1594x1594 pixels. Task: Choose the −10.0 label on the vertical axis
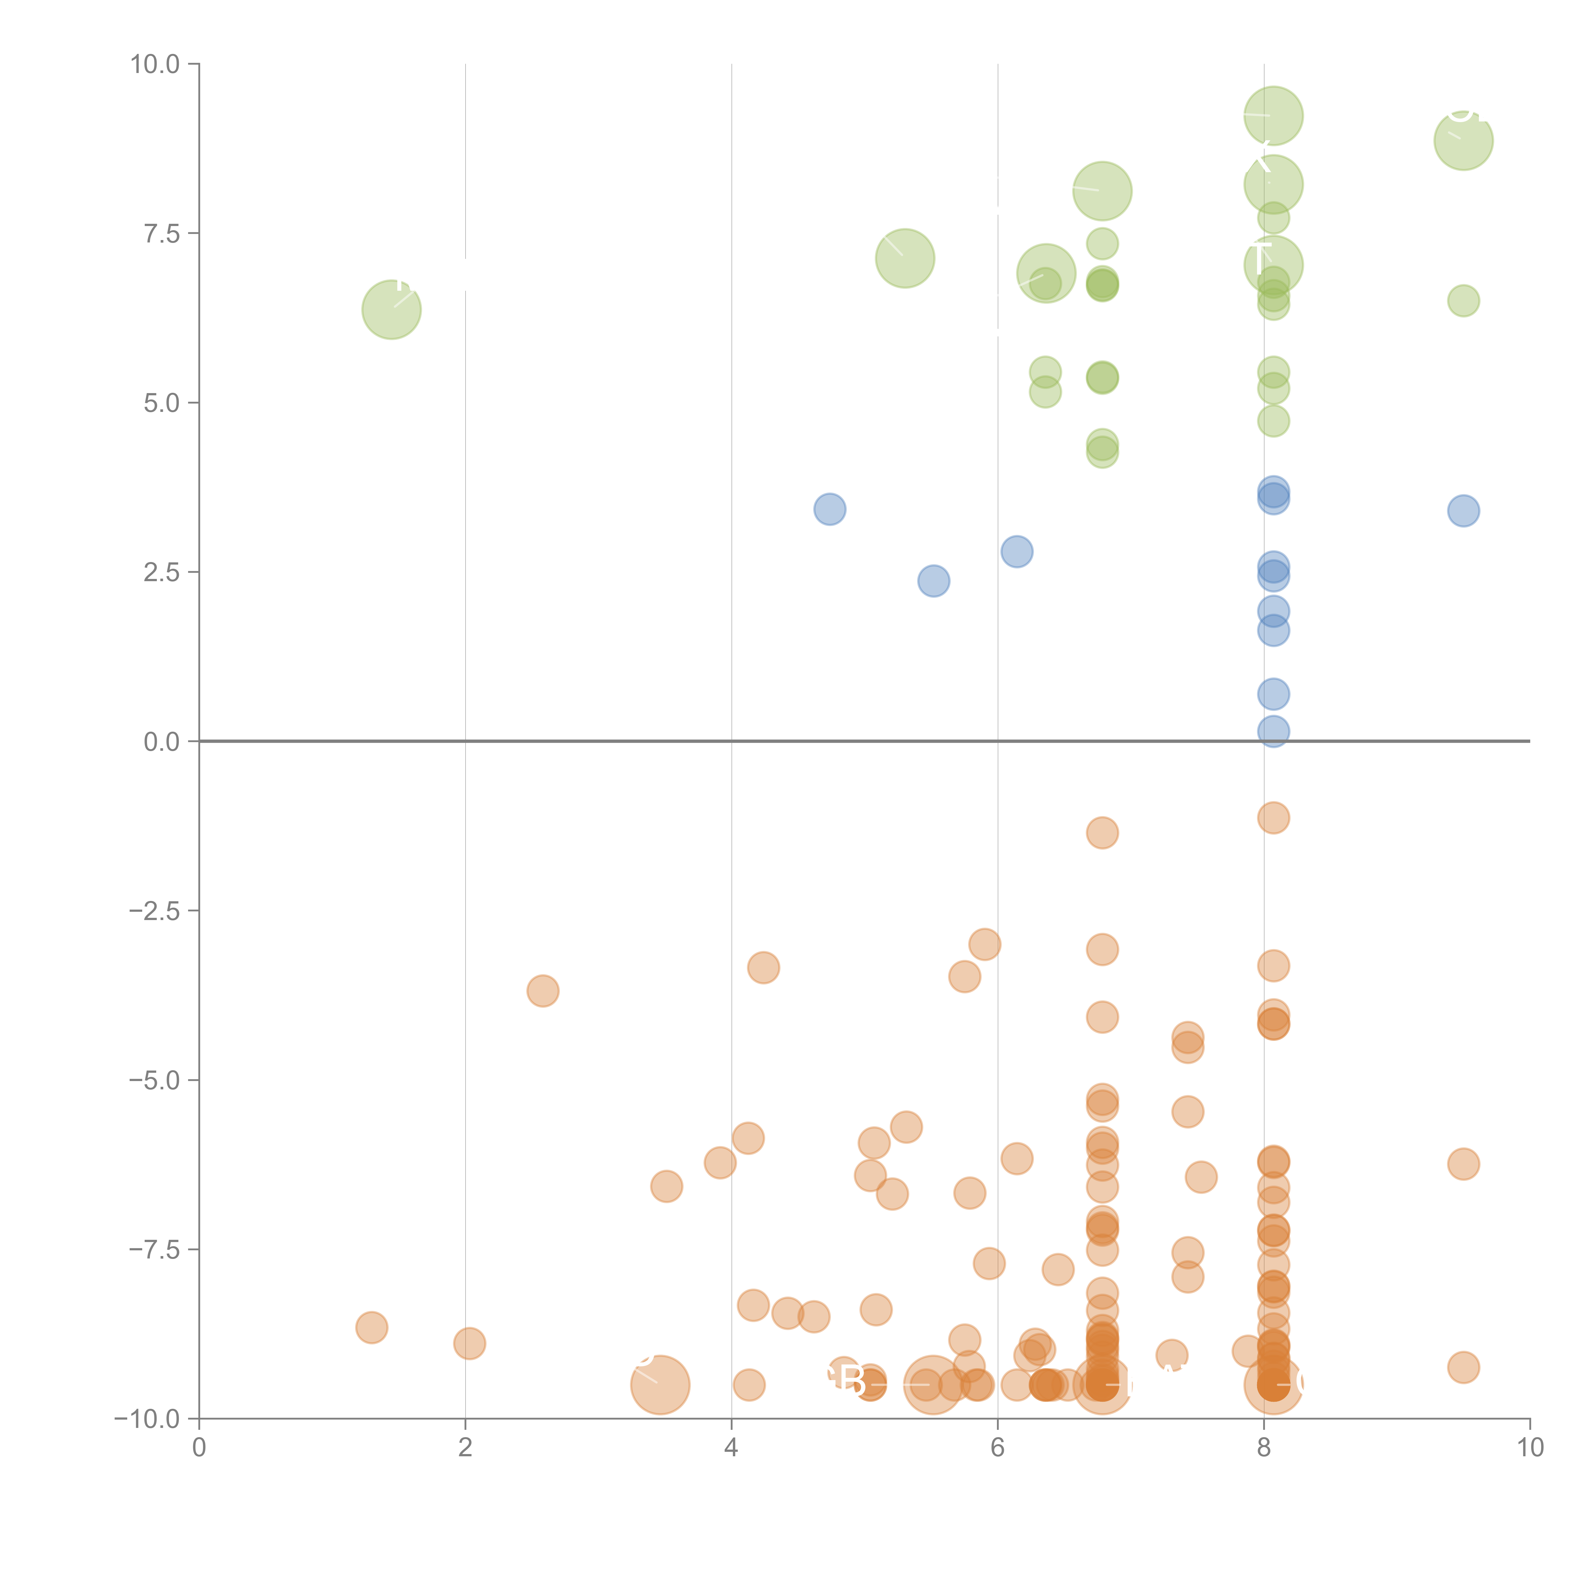(147, 1419)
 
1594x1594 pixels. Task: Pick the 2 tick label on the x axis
(465, 1448)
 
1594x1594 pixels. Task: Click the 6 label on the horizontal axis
(998, 1448)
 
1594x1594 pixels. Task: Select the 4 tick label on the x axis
(731, 1448)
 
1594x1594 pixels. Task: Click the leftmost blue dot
(829, 509)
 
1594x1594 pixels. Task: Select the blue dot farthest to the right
(1463, 511)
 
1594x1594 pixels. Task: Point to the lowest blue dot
(1273, 731)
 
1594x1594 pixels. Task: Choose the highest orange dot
(1273, 818)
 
